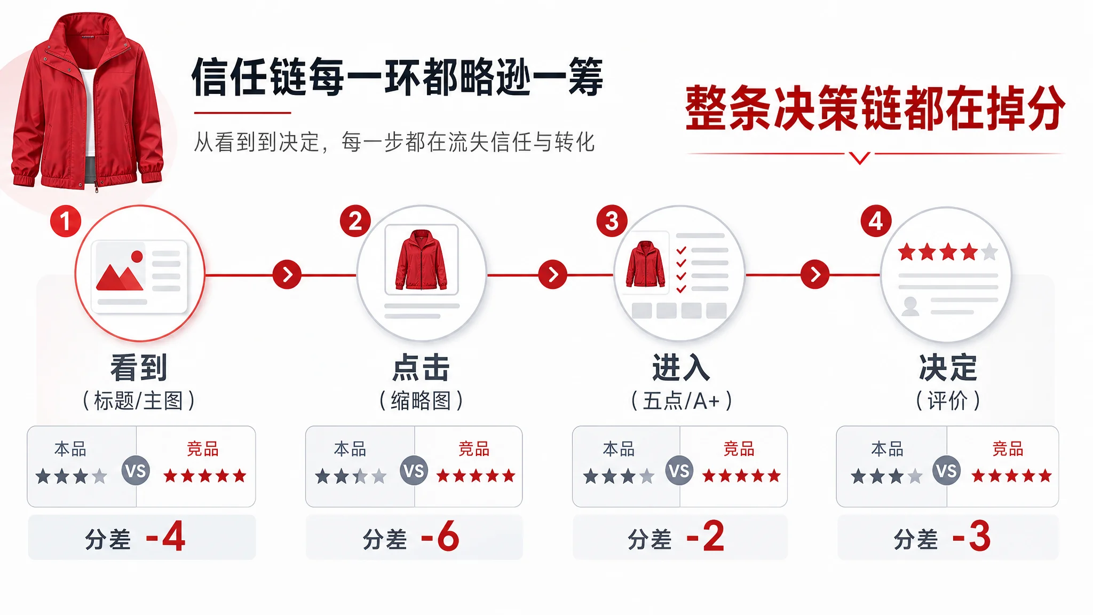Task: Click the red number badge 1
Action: [x=65, y=221]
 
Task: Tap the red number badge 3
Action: [x=612, y=221]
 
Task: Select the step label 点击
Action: [x=421, y=368]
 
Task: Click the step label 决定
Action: [x=948, y=368]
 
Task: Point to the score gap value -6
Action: [x=440, y=537]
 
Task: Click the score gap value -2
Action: [x=706, y=537]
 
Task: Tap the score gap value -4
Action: [x=165, y=537]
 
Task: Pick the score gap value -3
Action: [x=972, y=537]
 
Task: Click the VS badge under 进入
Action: [x=679, y=471]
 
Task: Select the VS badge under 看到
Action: [x=136, y=471]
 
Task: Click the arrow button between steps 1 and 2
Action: [x=287, y=275]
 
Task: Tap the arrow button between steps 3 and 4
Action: [x=815, y=275]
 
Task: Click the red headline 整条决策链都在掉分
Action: [x=875, y=108]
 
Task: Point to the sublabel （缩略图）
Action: [x=421, y=400]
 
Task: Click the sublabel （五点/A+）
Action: [x=681, y=400]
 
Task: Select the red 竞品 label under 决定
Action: [x=1008, y=449]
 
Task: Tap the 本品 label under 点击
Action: [x=350, y=449]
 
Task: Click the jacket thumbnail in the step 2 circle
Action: [x=422, y=259]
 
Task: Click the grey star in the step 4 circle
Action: [x=989, y=251]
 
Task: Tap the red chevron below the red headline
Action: [x=860, y=158]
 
